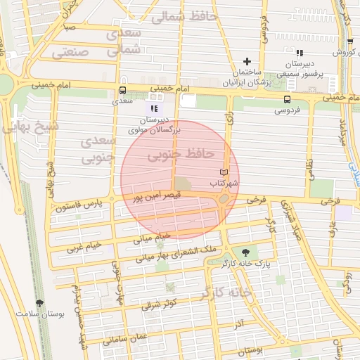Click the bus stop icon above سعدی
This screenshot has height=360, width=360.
coord(123,90)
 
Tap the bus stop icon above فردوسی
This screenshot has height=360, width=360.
coord(287,99)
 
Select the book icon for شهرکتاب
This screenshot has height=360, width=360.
coord(224,172)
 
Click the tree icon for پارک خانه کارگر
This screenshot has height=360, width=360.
coord(245,252)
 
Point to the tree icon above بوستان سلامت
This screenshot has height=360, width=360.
coord(39,303)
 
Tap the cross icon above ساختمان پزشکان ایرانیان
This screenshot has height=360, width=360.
coord(247,62)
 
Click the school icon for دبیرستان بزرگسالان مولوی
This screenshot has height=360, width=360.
coord(154,108)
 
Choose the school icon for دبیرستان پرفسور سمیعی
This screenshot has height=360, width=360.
coord(300,52)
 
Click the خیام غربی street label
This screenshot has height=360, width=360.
coord(84,246)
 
